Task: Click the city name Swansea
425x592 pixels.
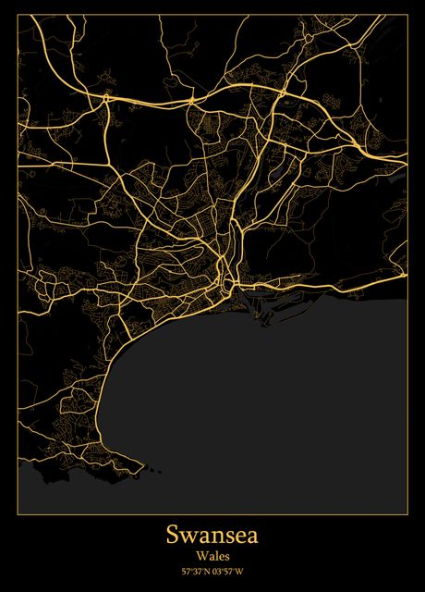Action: pos(212,536)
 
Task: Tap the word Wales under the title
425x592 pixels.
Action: pos(212,556)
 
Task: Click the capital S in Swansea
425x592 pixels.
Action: pos(173,536)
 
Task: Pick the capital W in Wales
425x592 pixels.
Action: pos(200,556)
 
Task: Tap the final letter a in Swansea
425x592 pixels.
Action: pos(253,537)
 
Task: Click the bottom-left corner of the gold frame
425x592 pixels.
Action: pos(18,512)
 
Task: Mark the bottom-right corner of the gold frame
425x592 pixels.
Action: pos(407,512)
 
